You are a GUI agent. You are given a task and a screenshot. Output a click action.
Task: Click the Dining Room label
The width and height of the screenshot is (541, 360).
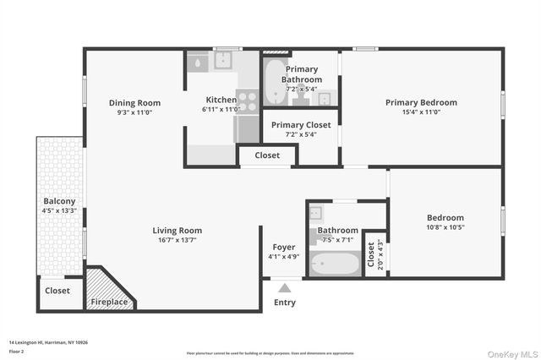click(x=134, y=103)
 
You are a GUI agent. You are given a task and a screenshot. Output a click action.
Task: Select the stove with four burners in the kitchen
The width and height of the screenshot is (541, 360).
click(x=247, y=102)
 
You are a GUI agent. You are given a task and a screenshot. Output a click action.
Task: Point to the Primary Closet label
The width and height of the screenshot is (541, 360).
click(x=301, y=124)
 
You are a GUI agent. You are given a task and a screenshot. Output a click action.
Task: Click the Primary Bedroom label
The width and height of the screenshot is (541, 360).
click(x=421, y=102)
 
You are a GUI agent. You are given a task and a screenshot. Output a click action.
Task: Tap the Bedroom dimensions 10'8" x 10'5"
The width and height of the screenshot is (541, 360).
click(x=445, y=226)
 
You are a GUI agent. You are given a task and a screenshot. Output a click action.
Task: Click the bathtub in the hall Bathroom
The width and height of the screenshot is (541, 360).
click(x=334, y=265)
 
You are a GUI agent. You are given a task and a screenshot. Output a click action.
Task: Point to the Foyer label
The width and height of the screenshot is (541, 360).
click(x=283, y=247)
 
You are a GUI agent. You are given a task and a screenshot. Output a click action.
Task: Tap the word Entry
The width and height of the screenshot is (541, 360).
click(x=285, y=303)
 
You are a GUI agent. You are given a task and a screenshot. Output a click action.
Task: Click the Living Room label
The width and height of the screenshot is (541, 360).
click(x=177, y=230)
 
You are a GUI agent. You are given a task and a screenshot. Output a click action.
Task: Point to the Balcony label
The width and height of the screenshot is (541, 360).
click(x=59, y=201)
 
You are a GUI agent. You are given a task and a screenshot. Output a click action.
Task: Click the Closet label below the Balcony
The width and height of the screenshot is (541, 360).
click(x=57, y=290)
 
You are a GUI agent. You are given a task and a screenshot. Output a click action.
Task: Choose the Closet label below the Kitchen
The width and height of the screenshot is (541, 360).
click(x=267, y=155)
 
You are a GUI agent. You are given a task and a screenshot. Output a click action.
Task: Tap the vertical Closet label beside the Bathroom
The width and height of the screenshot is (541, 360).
click(x=371, y=254)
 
